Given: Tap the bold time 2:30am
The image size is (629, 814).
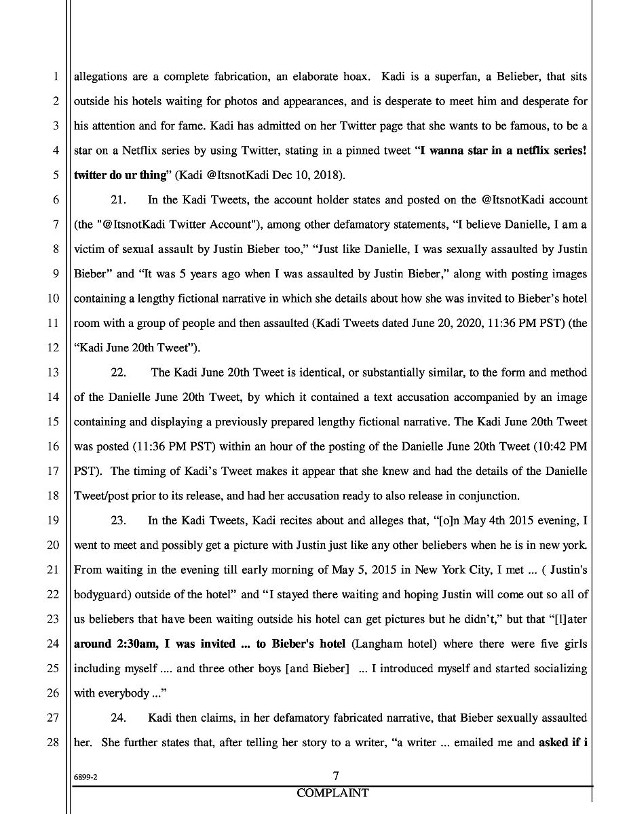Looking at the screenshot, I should pos(138,644).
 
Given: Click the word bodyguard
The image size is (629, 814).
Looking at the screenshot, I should pos(100,594).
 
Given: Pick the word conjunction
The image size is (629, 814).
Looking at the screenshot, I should pos(487,496).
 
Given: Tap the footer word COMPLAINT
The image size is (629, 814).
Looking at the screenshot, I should pos(332,793).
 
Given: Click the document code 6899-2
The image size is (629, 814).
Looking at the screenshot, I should pos(86,779).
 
